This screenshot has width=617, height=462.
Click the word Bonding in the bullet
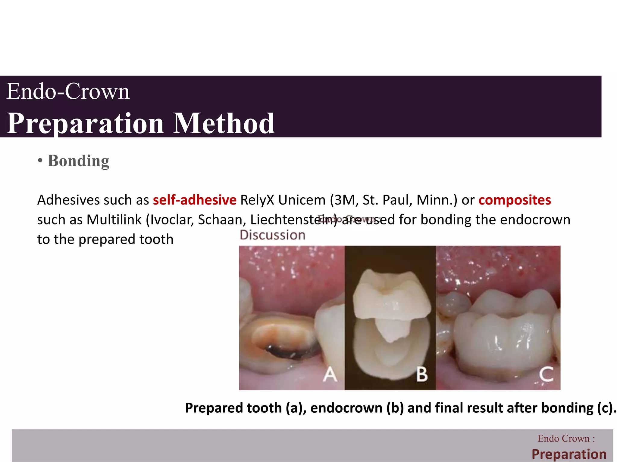tap(78, 161)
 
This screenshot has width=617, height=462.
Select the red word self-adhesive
tap(195, 200)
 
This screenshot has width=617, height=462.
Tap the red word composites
tap(515, 200)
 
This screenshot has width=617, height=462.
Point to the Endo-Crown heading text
tap(68, 91)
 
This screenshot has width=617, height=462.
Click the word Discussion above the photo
tap(272, 235)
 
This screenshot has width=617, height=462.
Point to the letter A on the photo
tap(330, 375)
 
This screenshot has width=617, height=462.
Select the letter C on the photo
tap(546, 375)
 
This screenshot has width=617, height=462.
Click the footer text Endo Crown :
tap(566, 439)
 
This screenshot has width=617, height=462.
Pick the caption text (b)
tap(395, 408)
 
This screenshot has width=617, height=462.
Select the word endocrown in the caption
tap(346, 408)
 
